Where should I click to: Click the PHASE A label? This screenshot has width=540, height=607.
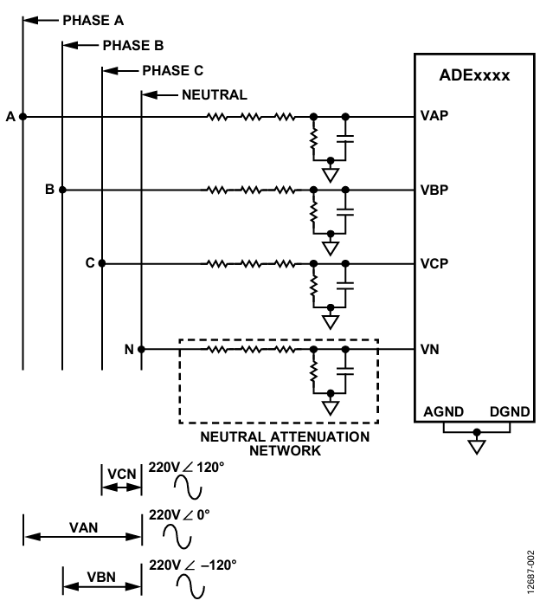click(x=93, y=21)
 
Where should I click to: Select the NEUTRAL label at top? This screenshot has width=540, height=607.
click(x=215, y=95)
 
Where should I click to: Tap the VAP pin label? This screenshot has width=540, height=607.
click(x=434, y=116)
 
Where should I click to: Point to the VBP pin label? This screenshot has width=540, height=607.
click(x=434, y=190)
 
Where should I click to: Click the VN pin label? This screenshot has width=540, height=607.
click(x=430, y=350)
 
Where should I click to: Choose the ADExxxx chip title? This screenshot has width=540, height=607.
click(x=474, y=75)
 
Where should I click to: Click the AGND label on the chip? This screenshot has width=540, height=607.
click(x=444, y=412)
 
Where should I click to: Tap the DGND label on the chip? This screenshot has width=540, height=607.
click(x=510, y=412)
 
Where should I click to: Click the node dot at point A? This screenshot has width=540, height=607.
click(x=22, y=116)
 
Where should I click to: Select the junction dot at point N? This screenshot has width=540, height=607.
click(x=141, y=349)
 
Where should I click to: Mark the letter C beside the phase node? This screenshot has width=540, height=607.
click(x=90, y=263)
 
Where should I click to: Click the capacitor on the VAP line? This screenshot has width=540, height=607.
click(x=345, y=139)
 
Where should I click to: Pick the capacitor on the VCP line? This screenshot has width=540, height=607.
click(x=345, y=286)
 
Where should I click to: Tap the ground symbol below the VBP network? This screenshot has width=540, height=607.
click(x=331, y=249)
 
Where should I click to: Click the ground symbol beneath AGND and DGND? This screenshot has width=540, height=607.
click(x=477, y=447)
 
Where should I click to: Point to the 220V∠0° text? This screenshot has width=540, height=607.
click(x=179, y=515)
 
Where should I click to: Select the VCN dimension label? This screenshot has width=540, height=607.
click(x=122, y=475)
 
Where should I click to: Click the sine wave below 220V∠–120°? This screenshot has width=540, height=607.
click(x=190, y=585)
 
